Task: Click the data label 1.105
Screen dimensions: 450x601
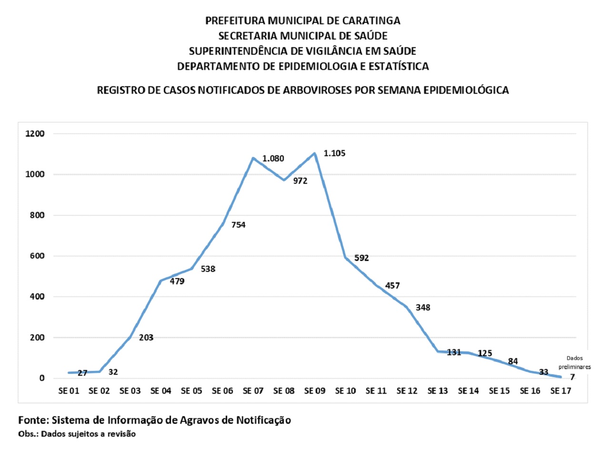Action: (x=334, y=153)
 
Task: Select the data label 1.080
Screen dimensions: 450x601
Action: (x=273, y=158)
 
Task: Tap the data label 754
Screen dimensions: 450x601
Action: (x=238, y=225)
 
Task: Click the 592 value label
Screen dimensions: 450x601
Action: (x=361, y=258)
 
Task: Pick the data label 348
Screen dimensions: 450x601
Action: (x=422, y=307)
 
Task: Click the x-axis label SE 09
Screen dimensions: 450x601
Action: (x=315, y=391)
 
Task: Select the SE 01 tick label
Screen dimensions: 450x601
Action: (x=69, y=391)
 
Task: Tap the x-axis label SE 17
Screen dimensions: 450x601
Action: (x=561, y=391)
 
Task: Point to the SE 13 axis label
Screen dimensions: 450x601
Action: (x=438, y=391)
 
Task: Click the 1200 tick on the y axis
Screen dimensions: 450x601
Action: (x=35, y=134)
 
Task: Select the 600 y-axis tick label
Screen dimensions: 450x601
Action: (x=37, y=256)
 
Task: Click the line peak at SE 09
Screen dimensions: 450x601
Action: (x=315, y=153)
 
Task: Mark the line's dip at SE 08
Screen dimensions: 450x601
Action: (x=284, y=180)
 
